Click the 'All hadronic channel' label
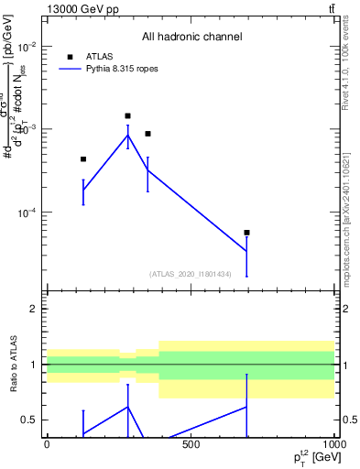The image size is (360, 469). [191, 37]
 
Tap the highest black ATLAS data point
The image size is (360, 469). [127, 116]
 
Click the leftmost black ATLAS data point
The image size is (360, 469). [83, 159]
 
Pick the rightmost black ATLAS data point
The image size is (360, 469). [246, 233]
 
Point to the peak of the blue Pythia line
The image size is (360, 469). [127, 136]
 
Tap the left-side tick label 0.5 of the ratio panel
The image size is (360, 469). [28, 420]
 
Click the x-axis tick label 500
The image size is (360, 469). [191, 444]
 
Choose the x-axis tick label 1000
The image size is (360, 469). [332, 444]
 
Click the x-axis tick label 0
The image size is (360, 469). [47, 444]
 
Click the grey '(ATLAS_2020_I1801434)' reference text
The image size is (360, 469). [190, 274]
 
